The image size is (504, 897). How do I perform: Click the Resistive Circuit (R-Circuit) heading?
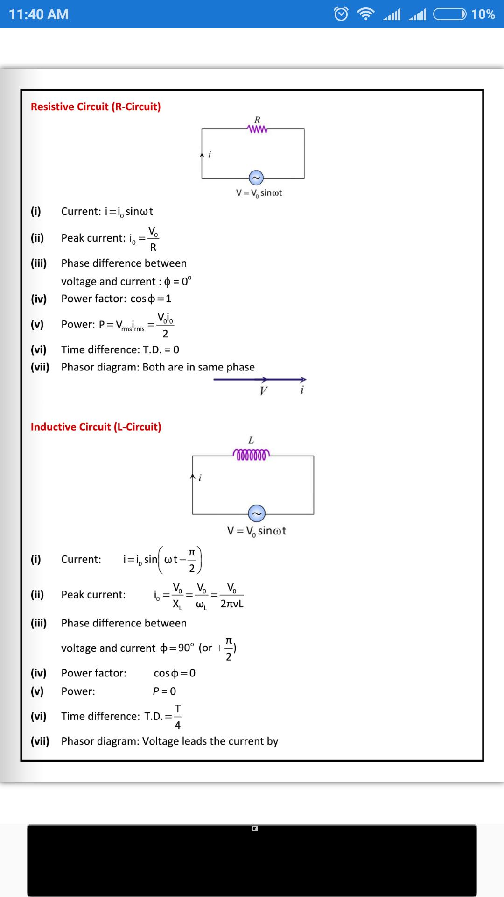point(96,107)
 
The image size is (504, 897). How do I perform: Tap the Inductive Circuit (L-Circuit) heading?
point(96,427)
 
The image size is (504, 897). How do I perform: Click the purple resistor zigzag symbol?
point(258,129)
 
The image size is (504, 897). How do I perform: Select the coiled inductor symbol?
point(251,455)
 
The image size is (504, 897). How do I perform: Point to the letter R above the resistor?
point(257,120)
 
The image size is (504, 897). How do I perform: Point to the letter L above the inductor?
point(251,441)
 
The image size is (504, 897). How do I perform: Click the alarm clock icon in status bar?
point(341,14)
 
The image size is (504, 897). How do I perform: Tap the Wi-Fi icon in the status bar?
point(366,14)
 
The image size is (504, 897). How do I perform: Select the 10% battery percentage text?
point(483,14)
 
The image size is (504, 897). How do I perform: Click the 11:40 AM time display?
point(39,14)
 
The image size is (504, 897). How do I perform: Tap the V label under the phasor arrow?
point(264,391)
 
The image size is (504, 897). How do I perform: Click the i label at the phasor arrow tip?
point(302,390)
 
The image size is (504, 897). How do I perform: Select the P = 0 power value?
point(165,691)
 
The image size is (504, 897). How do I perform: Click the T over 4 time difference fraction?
point(178,717)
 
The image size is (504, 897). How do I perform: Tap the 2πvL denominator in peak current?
point(232,604)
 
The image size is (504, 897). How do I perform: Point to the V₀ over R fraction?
point(153,239)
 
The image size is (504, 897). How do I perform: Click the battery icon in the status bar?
point(450,14)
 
